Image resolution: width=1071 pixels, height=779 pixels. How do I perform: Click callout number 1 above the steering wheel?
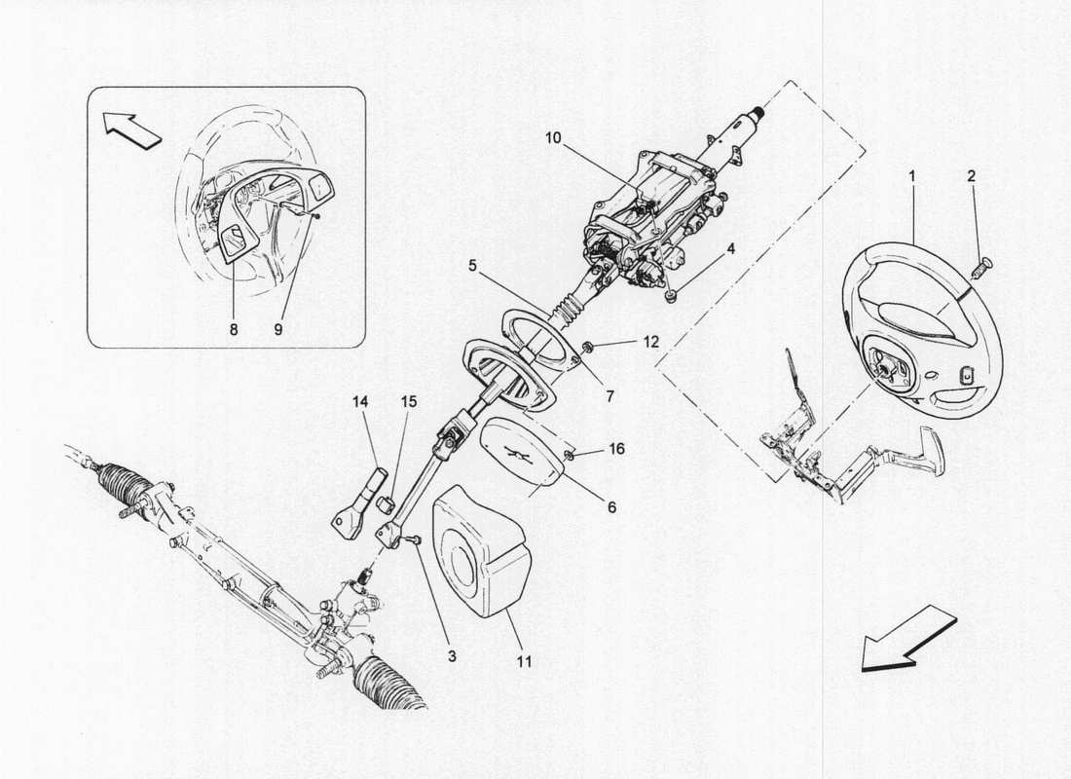(x=911, y=177)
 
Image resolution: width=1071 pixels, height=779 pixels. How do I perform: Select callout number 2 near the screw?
(x=971, y=177)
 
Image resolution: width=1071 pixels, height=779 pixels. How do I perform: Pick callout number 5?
(x=471, y=263)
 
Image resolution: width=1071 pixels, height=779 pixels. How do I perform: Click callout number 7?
(x=611, y=396)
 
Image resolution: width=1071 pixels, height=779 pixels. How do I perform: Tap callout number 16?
(x=617, y=449)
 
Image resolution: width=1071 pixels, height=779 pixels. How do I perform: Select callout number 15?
(x=406, y=400)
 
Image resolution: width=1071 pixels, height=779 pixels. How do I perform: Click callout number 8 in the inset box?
(x=234, y=330)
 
